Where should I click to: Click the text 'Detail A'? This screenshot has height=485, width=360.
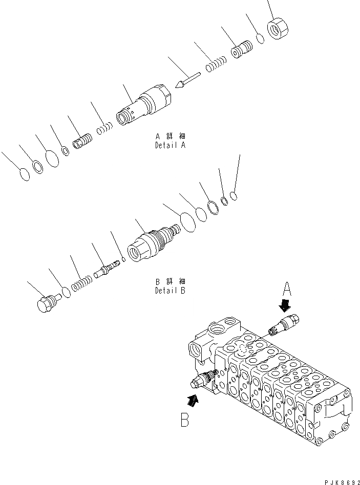[x=170, y=145]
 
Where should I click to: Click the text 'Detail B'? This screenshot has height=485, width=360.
[x=170, y=291]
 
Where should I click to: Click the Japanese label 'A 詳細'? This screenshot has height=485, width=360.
[x=170, y=137]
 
